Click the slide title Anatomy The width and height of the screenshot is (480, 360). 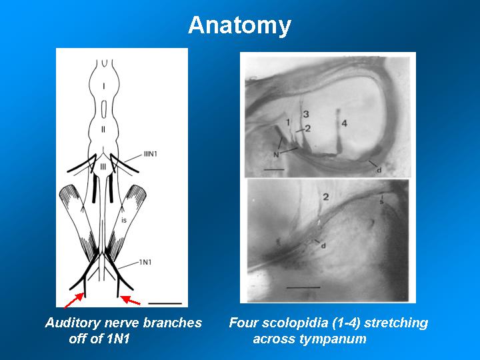tap(240, 26)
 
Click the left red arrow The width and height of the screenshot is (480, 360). tap(73, 300)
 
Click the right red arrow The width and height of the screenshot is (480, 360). tap(130, 300)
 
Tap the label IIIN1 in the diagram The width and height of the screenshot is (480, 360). tap(150, 154)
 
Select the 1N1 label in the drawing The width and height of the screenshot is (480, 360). tap(145, 263)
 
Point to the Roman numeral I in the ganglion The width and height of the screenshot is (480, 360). tap(103, 87)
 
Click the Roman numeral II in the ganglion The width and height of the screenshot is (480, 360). tap(103, 129)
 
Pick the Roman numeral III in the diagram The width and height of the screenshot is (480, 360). tap(103, 167)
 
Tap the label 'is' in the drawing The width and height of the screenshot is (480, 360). tap(124, 220)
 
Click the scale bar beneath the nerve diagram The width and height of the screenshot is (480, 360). tap(165, 303)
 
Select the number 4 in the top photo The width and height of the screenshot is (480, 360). tap(345, 123)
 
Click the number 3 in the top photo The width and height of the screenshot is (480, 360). tap(306, 115)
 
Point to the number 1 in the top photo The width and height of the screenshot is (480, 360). tap(288, 123)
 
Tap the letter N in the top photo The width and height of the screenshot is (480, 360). tap(276, 155)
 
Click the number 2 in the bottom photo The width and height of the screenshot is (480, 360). tap(326, 197)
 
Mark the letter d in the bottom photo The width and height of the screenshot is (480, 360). tap(323, 245)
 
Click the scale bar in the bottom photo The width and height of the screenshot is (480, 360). tap(303, 287)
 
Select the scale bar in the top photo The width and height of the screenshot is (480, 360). tap(274, 169)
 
